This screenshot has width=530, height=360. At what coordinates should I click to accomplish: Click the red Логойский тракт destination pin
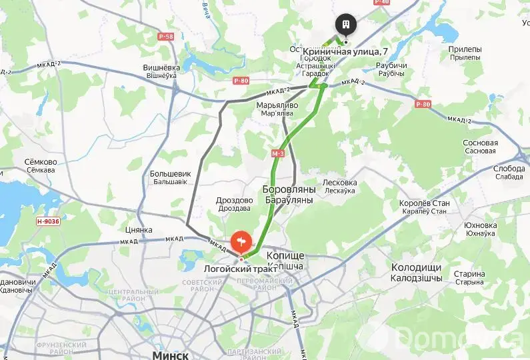tap(241, 241)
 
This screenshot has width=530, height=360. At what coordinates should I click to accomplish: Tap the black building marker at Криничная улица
tap(346, 25)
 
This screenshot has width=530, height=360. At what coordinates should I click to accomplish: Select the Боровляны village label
tap(289, 189)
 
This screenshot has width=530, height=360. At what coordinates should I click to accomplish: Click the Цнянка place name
tap(139, 230)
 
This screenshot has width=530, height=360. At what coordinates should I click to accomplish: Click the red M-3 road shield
tap(278, 153)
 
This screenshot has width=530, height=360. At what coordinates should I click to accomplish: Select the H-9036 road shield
tap(48, 221)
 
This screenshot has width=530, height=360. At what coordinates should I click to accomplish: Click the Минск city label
tap(171, 355)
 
